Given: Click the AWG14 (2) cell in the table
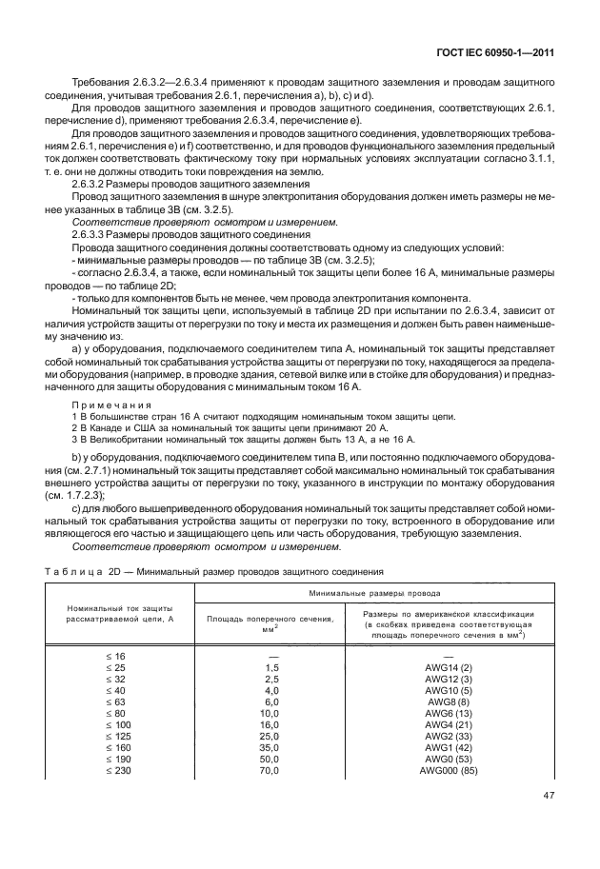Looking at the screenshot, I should click(448, 667).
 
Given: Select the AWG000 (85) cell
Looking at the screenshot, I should click(448, 769).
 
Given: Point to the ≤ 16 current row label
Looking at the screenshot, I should click(115, 657).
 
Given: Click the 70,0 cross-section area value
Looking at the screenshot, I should click(271, 769).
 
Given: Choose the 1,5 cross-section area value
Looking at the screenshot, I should click(271, 667).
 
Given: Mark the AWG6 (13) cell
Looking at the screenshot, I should click(448, 713).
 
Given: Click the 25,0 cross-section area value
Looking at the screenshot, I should click(271, 735).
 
